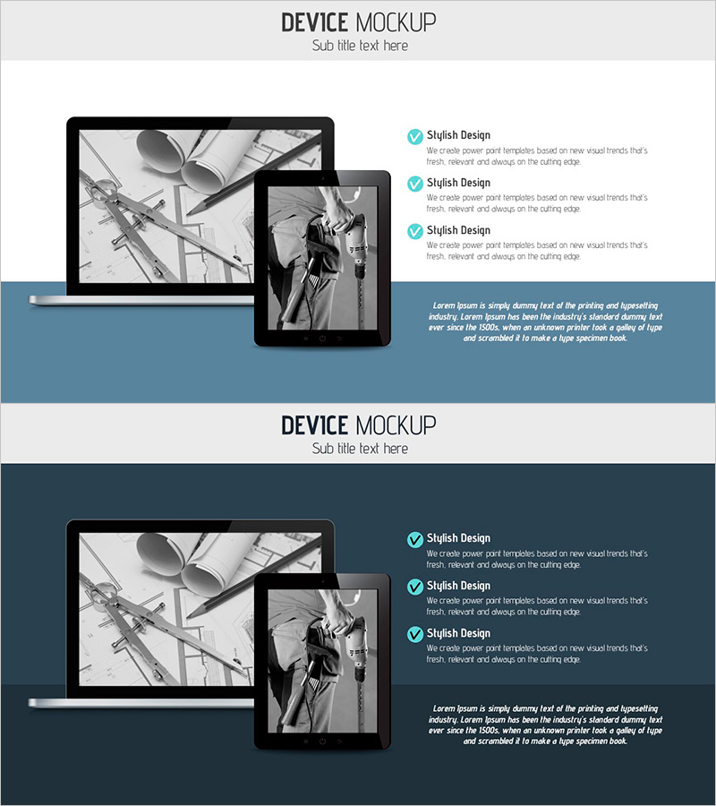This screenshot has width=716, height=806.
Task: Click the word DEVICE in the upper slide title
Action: [x=314, y=22]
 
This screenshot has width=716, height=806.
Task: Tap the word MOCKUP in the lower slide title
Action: [x=396, y=425]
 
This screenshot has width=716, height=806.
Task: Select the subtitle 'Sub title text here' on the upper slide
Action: [x=360, y=46]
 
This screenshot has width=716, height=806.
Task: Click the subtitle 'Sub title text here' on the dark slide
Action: [x=360, y=449]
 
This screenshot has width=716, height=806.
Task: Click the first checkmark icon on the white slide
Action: [x=415, y=137]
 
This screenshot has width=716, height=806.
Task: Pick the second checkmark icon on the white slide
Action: [x=415, y=184]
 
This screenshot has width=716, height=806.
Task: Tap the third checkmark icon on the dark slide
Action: [x=415, y=634]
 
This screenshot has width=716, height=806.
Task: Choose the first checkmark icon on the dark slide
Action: [x=415, y=540]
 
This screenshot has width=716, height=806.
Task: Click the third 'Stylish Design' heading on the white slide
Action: [x=458, y=230]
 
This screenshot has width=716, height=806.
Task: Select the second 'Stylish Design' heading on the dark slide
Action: [x=458, y=586]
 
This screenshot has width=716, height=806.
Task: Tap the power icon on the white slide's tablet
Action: [x=322, y=339]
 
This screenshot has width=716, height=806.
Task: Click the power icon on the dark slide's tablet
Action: [x=322, y=742]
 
